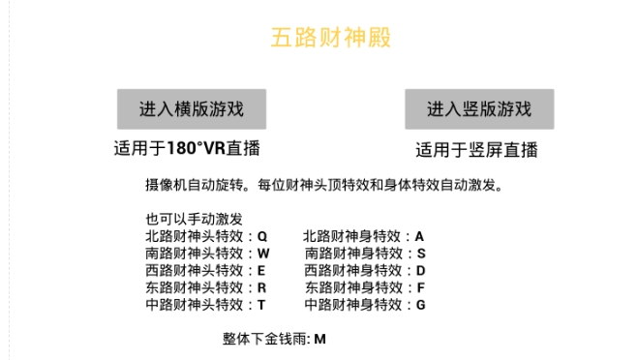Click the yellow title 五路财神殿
click(x=318, y=38)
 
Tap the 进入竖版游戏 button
click(x=479, y=109)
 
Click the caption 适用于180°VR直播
click(x=187, y=149)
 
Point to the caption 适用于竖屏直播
click(x=477, y=150)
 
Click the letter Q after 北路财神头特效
click(x=262, y=236)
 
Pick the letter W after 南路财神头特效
click(x=263, y=254)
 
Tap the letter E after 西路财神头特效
click(x=261, y=270)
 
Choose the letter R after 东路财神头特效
click(x=262, y=287)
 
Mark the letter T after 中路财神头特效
click(x=261, y=305)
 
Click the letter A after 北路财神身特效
click(x=420, y=236)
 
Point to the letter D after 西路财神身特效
click(x=421, y=270)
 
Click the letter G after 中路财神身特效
click(x=421, y=305)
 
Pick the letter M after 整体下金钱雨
click(x=319, y=340)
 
